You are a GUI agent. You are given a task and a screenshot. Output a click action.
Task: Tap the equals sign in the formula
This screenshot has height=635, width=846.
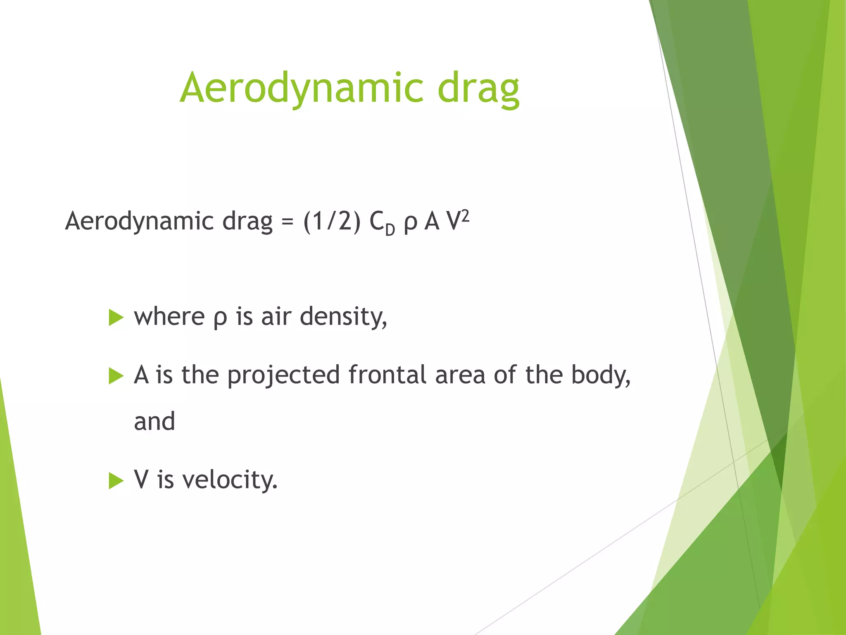(288, 222)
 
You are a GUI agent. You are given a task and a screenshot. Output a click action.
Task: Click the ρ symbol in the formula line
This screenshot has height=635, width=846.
(410, 223)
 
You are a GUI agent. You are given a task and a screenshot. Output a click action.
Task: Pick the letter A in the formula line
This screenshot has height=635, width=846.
(432, 222)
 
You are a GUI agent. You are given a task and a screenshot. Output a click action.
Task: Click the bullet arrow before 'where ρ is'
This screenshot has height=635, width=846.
(116, 318)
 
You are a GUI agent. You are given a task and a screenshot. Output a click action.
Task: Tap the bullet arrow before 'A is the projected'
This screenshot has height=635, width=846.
(116, 376)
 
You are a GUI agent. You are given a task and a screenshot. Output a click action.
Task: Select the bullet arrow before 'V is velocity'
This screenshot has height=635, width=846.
(116, 481)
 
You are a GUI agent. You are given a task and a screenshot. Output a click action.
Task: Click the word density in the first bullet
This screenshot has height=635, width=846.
(343, 317)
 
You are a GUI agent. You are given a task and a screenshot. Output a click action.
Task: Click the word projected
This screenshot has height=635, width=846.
(283, 375)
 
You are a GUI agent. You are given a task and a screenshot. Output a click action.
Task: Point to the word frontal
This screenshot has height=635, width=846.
(387, 375)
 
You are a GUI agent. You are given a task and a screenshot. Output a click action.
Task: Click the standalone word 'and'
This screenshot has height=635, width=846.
(154, 422)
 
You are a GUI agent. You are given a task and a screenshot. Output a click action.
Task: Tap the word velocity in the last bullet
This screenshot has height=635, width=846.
(230, 480)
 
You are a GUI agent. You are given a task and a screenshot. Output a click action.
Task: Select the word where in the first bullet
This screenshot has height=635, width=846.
(169, 317)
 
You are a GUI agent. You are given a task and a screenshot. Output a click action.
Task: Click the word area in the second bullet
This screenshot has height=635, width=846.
(460, 375)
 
